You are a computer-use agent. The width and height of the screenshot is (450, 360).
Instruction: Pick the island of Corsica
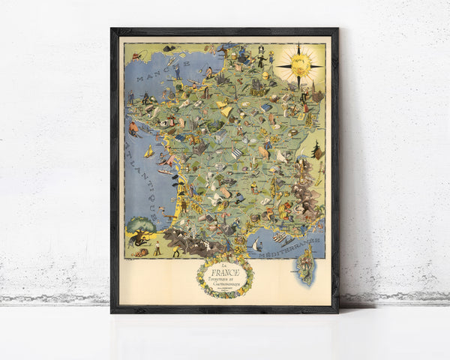306,262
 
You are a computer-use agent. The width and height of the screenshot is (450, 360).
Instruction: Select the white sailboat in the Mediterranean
256,244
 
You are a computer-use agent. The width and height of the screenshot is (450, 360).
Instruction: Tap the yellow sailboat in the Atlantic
149,151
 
